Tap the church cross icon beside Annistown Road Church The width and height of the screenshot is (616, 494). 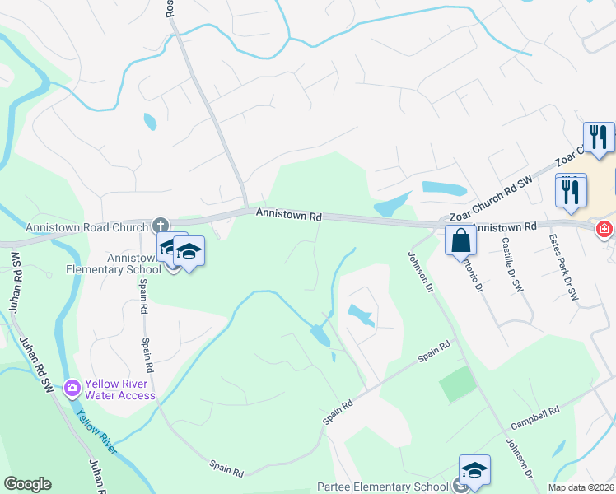point(161,225)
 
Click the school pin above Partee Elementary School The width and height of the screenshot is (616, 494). point(474,470)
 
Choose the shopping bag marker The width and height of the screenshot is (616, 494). point(461,241)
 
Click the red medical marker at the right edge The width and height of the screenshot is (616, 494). point(605,228)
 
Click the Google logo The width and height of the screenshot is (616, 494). point(27,484)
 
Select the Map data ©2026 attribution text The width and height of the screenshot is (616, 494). point(581,487)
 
